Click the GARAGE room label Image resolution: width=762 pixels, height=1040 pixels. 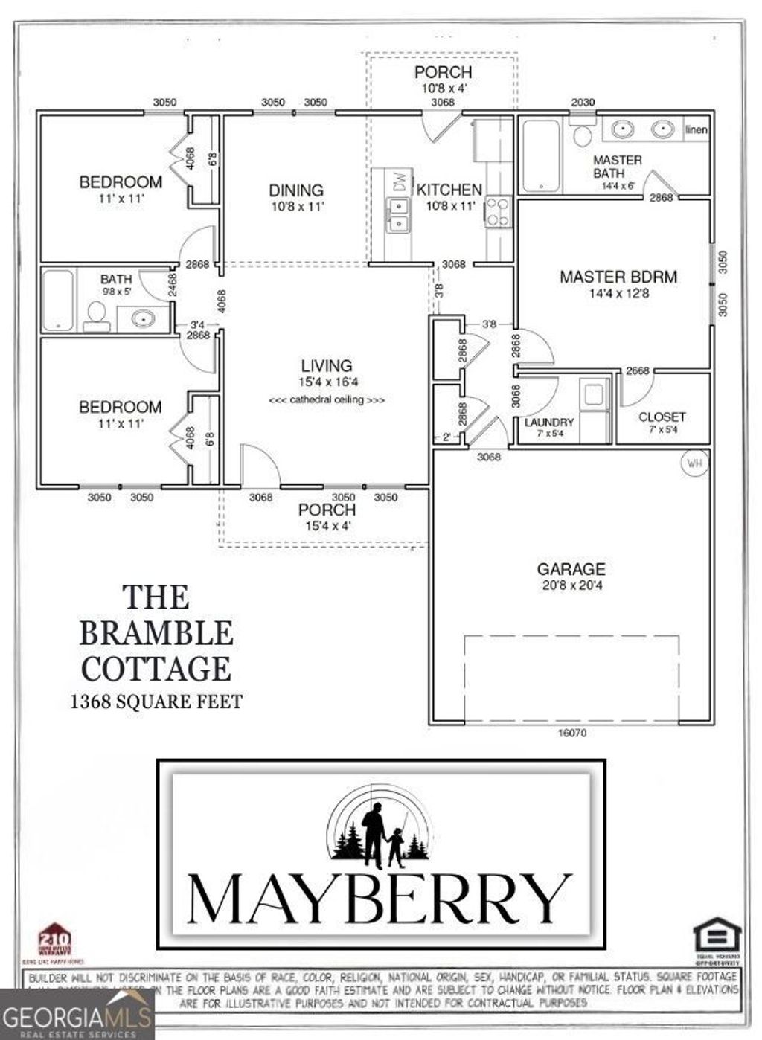click(571, 569)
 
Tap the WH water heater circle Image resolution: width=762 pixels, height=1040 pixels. click(694, 463)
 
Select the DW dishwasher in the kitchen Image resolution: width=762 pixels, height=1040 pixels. click(400, 182)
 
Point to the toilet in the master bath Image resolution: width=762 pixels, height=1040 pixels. click(583, 135)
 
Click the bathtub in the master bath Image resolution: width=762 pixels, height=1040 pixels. click(540, 155)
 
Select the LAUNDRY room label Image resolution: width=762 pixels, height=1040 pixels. click(549, 422)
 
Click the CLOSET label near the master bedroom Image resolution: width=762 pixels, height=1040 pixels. click(662, 417)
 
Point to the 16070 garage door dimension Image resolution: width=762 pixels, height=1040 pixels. click(571, 733)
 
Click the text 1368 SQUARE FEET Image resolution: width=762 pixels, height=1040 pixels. click(156, 701)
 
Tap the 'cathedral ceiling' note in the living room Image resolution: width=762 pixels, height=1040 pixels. click(327, 399)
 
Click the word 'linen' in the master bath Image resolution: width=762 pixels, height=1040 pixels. click(697, 129)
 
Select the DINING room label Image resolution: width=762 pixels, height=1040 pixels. click(296, 190)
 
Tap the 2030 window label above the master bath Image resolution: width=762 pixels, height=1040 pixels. click(583, 102)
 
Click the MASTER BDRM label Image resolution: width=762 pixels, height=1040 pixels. click(618, 277)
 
